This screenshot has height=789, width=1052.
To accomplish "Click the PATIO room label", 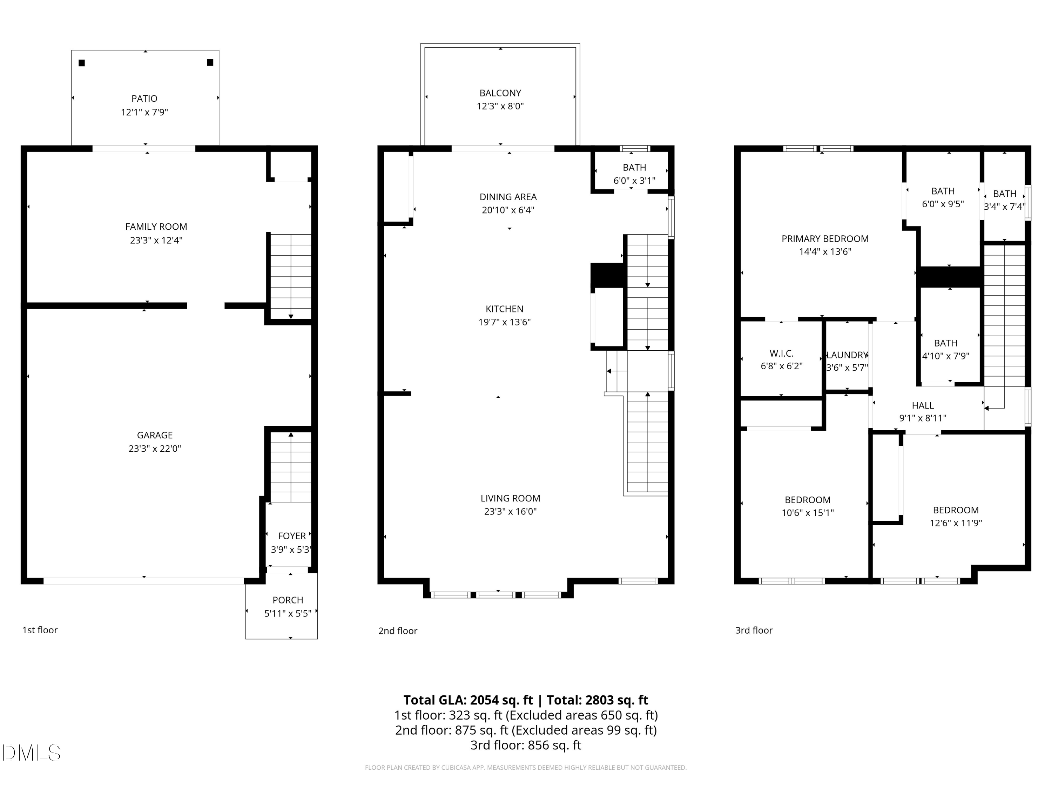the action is (x=144, y=99).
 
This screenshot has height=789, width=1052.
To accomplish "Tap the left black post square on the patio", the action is (x=82, y=63).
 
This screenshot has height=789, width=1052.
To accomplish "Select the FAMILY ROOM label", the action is (x=156, y=227).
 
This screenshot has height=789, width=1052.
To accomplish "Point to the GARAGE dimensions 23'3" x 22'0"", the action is (x=155, y=449).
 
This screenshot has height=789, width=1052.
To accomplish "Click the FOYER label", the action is (x=292, y=536).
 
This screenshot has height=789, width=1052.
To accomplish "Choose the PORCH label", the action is (x=288, y=600).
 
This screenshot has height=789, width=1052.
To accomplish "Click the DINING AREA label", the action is (x=508, y=197).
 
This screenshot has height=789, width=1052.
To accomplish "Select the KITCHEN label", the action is (x=505, y=309).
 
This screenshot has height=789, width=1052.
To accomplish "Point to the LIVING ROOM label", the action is (x=510, y=498).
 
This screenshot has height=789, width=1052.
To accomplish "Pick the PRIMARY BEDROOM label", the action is (x=825, y=239).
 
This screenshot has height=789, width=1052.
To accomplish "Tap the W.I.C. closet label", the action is (x=781, y=353).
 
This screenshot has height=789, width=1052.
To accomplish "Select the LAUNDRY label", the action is (x=848, y=355).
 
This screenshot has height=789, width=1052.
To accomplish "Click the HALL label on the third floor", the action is (x=923, y=406).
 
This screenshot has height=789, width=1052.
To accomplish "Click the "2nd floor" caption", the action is (x=398, y=630).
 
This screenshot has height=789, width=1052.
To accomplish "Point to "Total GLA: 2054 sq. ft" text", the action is (x=468, y=700).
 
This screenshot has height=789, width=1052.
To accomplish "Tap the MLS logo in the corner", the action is (x=32, y=753).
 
